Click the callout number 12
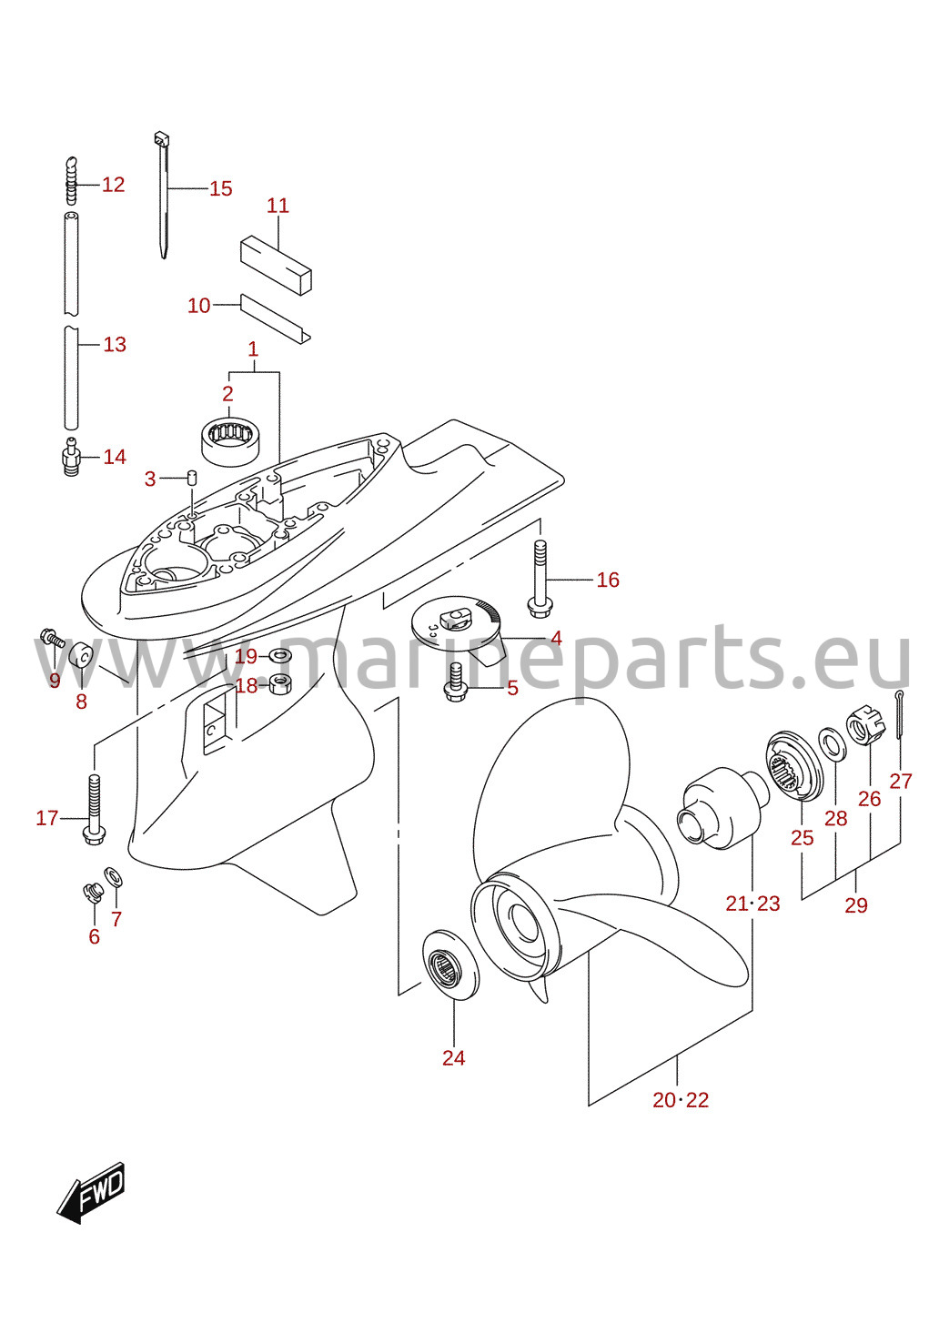[x=114, y=185]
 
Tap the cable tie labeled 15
[x=162, y=195]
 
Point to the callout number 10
[x=199, y=306]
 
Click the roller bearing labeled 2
[x=231, y=441]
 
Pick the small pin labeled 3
[x=192, y=477]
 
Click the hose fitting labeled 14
[x=71, y=457]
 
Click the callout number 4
[x=556, y=638]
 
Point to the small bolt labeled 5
[x=455, y=682]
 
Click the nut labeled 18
[x=278, y=685]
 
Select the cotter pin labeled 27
[x=899, y=715]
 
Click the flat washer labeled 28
[x=833, y=745]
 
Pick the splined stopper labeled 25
[x=795, y=766]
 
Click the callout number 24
[x=453, y=1057]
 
